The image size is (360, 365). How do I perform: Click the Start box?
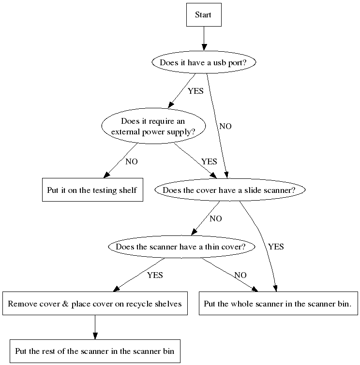pyautogui.click(x=204, y=15)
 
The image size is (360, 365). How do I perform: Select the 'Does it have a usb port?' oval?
pyautogui.click(x=204, y=62)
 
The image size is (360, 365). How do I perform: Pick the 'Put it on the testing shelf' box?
pyautogui.click(x=91, y=190)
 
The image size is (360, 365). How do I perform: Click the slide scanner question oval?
pyautogui.click(x=229, y=190)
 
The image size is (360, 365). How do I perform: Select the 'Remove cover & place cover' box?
pyautogui.click(x=95, y=304)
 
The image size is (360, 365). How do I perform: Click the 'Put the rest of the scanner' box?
pyautogui.click(x=95, y=350)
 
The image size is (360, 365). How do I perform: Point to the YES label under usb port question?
pyautogui.click(x=195, y=91)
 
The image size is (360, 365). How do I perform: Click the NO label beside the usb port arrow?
pyautogui.click(x=225, y=126)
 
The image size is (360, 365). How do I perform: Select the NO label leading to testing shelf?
pyautogui.click(x=132, y=161)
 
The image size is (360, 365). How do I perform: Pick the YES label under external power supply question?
pyautogui.click(x=209, y=161)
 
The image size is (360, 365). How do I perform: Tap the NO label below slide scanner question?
pyautogui.click(x=216, y=219)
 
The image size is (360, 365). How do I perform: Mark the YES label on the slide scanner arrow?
pyautogui.click(x=276, y=247)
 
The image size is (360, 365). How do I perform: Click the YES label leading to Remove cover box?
pyautogui.click(x=155, y=275)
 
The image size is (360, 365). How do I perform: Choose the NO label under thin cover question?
pyautogui.click(x=240, y=275)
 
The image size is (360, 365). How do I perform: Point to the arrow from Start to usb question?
pyautogui.click(x=204, y=39)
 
